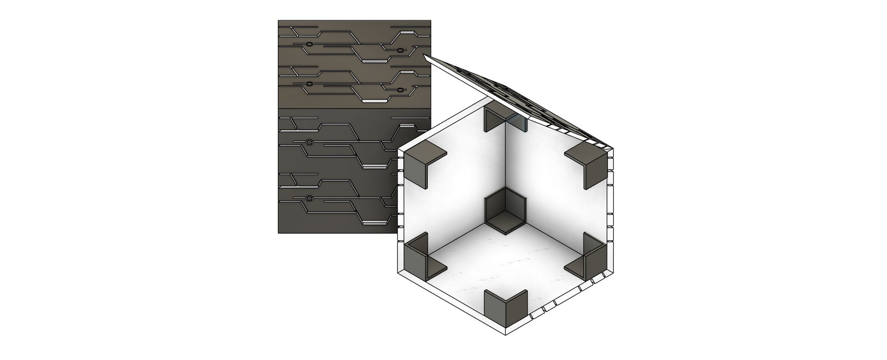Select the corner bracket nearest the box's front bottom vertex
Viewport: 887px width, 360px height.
point(505,307)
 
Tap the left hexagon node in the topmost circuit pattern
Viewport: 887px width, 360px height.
point(309,45)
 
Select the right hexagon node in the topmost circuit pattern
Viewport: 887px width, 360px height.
point(401,49)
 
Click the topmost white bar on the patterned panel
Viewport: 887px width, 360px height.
point(407,32)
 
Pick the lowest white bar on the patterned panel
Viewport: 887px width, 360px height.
point(374,223)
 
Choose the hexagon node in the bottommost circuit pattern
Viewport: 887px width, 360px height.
point(309,199)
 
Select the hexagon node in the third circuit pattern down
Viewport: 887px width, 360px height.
point(309,142)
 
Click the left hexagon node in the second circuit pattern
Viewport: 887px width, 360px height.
point(309,84)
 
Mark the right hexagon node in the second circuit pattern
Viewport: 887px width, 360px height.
point(401,89)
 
